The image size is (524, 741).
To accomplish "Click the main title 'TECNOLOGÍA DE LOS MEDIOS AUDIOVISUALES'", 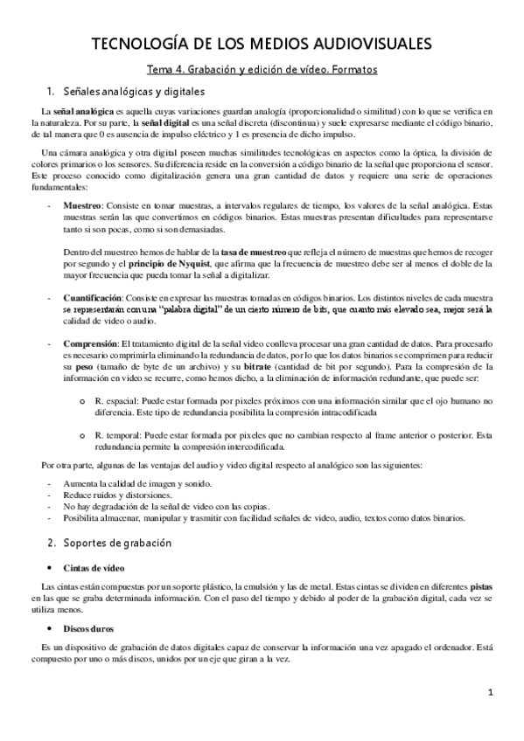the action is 261,45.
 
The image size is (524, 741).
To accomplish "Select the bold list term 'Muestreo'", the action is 84,204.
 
